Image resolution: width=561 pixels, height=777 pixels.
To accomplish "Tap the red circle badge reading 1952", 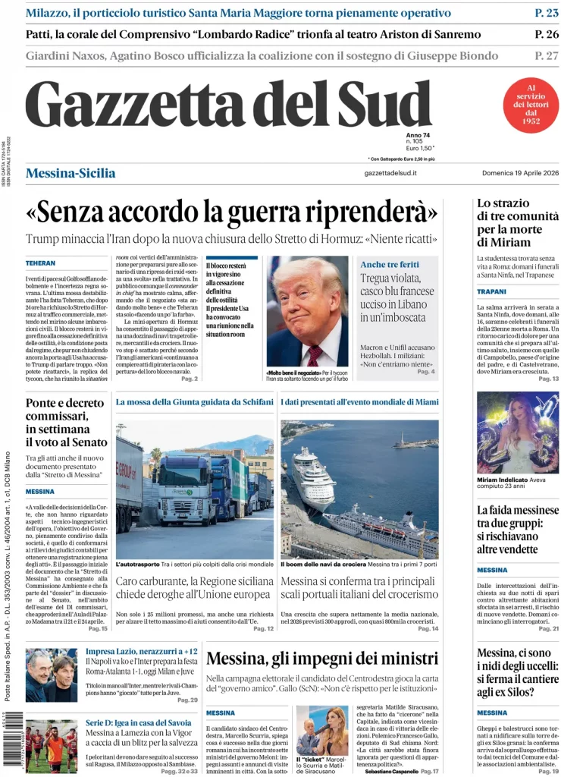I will point(531,105).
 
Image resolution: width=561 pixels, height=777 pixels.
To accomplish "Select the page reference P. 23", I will point(546,13).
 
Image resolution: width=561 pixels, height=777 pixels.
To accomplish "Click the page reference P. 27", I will point(546,55).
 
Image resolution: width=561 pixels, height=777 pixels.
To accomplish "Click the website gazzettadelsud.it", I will point(390,174).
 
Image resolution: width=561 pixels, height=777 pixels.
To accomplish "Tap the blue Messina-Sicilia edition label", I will point(71,173).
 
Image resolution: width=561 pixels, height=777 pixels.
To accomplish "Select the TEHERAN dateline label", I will point(40,263).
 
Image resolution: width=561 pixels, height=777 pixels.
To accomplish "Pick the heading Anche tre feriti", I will point(390,264).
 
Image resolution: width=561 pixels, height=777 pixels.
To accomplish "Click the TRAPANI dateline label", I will point(491,291).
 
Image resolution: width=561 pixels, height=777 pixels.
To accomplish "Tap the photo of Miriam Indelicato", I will point(517,433).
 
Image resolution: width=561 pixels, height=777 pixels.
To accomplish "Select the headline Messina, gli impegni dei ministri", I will point(322,658).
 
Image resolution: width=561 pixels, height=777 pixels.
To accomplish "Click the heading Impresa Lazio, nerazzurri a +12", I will point(142,651).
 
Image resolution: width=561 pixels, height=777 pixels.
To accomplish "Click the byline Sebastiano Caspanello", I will point(392,771).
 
